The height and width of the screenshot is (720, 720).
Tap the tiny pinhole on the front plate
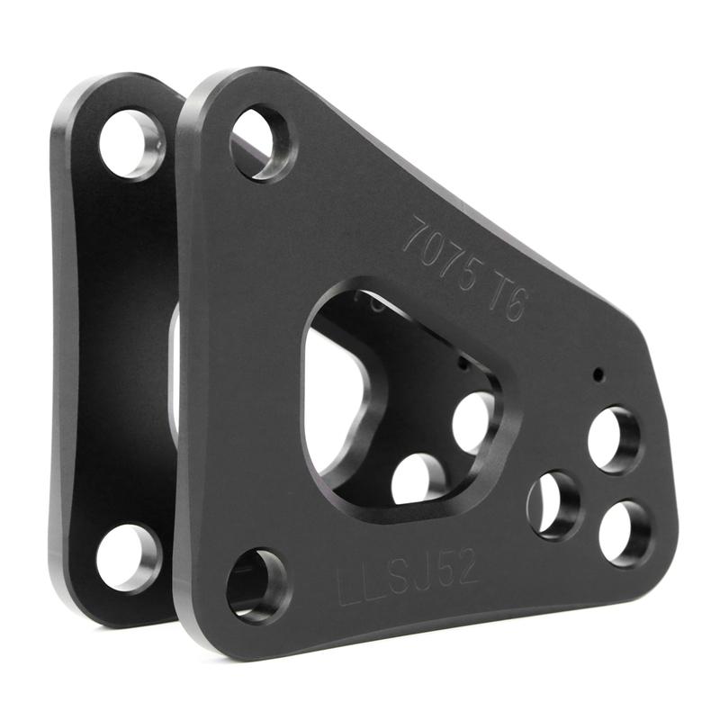point(598,374)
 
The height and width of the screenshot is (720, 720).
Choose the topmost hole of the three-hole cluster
point(615,439)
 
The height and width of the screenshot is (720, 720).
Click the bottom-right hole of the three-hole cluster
point(625,533)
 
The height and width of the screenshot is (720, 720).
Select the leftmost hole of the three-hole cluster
point(554,504)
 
